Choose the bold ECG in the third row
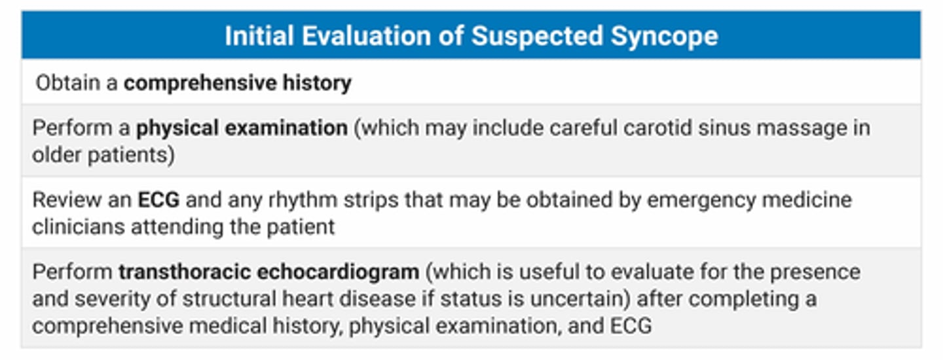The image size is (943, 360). click(x=158, y=200)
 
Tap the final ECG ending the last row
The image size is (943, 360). click(x=628, y=326)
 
